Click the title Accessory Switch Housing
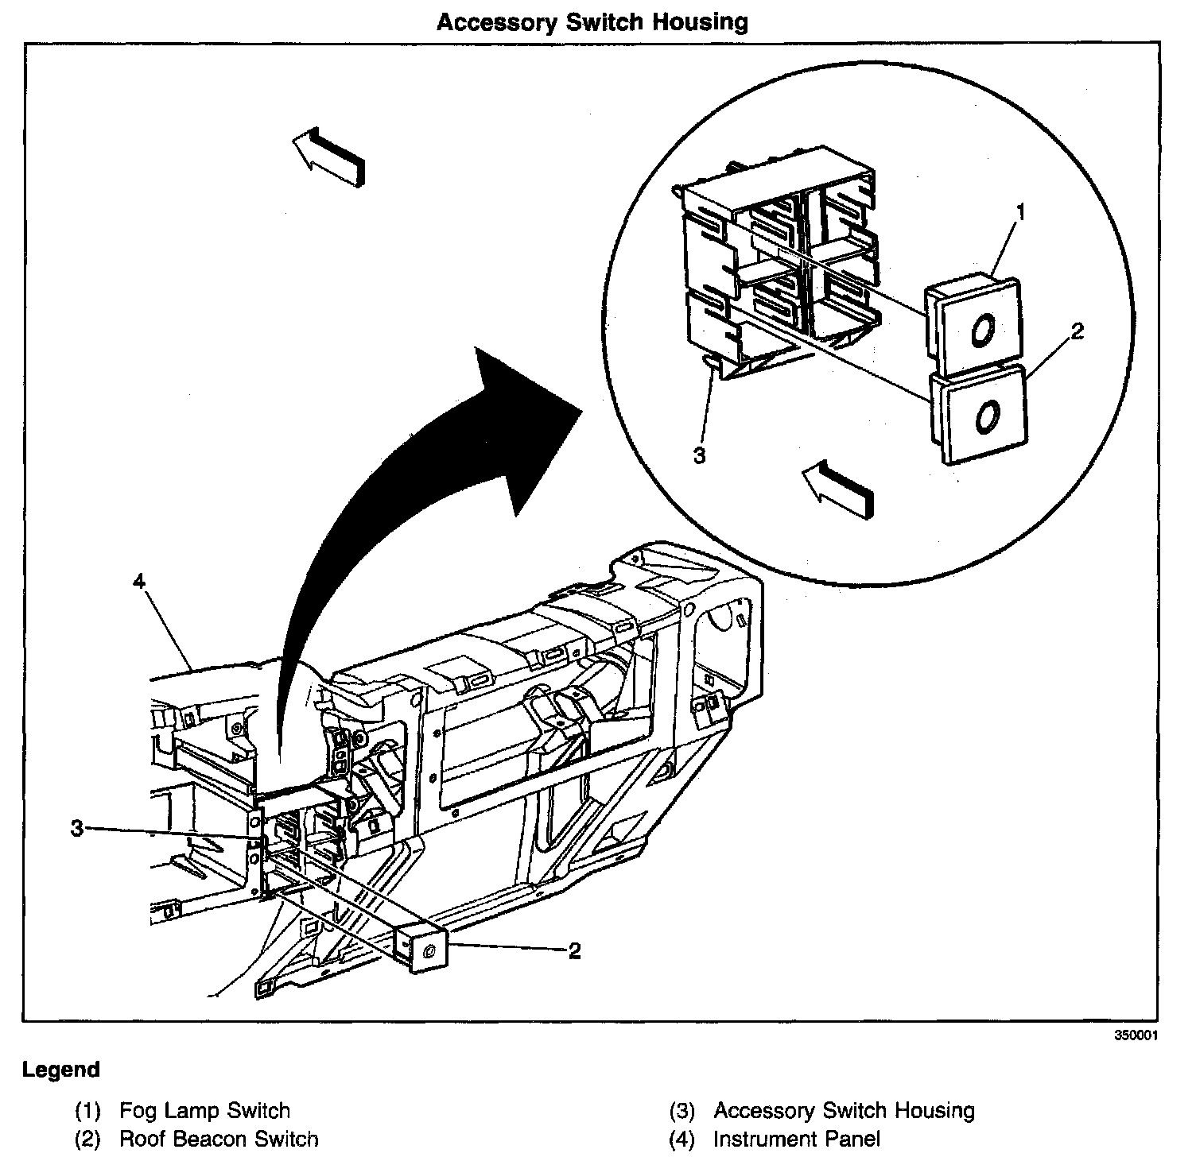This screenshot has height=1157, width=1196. (592, 21)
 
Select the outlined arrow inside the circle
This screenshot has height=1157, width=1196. (839, 488)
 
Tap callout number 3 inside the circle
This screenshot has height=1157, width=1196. (699, 456)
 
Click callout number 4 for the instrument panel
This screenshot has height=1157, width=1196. (140, 582)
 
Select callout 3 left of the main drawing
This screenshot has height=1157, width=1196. (76, 829)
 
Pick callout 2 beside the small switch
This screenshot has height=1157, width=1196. (573, 950)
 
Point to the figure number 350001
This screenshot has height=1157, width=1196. (1135, 1036)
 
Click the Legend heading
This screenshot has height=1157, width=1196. (61, 1070)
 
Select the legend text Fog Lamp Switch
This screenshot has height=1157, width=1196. (204, 1110)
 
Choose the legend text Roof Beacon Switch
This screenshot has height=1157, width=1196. (219, 1139)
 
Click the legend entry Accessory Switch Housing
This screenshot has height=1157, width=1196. (844, 1110)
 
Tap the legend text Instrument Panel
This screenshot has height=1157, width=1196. (796, 1139)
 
